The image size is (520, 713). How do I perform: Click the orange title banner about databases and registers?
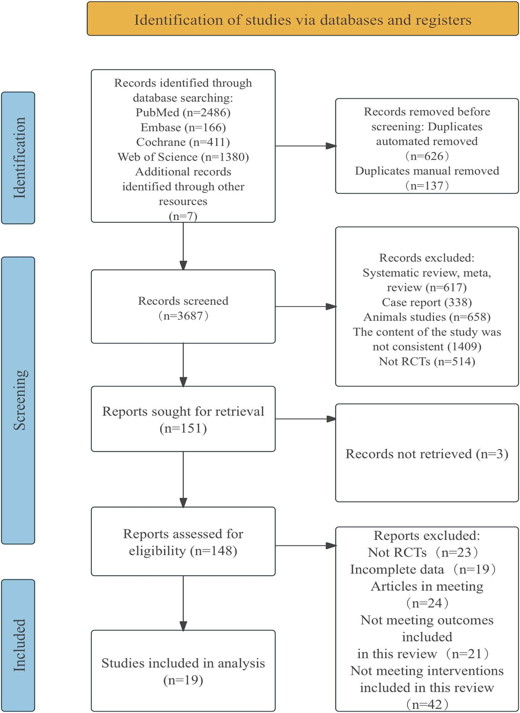click(302, 19)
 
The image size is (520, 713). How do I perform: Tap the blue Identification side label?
click(18, 158)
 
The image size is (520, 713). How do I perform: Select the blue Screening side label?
click(18, 400)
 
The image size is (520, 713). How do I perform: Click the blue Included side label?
click(18, 645)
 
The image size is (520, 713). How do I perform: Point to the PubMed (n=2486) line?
click(183, 112)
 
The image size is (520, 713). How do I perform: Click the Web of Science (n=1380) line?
click(183, 157)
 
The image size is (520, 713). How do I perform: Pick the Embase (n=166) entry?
click(183, 127)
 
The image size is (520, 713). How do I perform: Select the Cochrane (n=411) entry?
click(183, 142)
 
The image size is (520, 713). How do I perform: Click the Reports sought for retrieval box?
click(183, 419)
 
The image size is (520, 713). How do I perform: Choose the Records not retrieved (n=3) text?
click(426, 454)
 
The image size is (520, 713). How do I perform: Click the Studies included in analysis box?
click(183, 671)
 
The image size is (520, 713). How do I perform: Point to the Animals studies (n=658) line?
click(426, 317)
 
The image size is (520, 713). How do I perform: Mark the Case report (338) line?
click(426, 302)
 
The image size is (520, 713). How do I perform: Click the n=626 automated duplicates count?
click(426, 156)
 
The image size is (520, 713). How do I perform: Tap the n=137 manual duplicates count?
click(426, 185)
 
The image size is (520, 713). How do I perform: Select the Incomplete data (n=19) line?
click(423, 569)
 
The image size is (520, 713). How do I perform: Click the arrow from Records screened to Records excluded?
click(305, 306)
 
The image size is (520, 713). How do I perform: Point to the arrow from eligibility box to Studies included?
click(183, 603)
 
